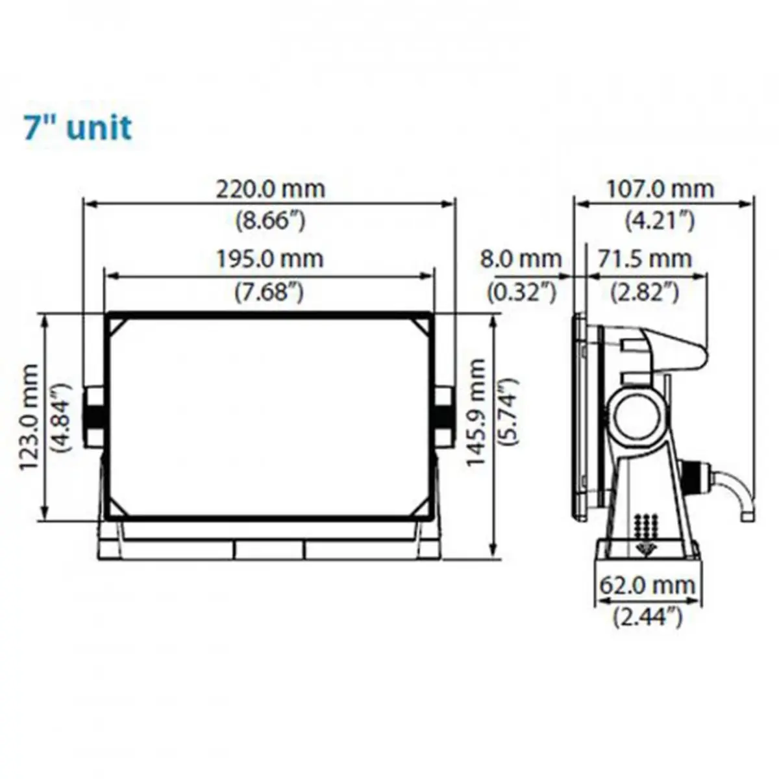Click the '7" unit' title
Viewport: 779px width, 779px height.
(79, 128)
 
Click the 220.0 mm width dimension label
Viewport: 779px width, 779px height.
(271, 189)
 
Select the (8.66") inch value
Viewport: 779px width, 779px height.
(271, 221)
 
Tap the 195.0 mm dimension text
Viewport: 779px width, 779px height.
(271, 259)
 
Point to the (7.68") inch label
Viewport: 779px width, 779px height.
(269, 291)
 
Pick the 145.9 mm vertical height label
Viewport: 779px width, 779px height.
(475, 413)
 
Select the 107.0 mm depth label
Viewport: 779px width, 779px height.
(661, 189)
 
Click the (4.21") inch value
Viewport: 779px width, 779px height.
(660, 221)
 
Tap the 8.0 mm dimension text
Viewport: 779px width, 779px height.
(521, 259)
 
